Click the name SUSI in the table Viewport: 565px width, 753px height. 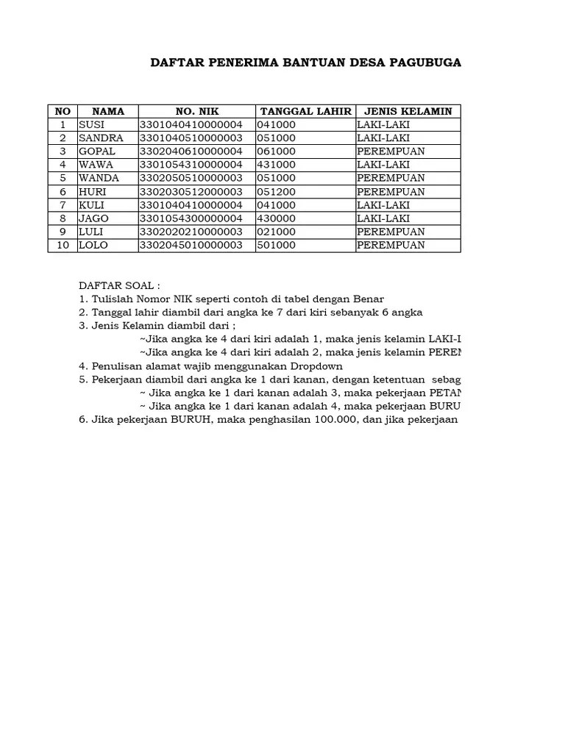pyautogui.click(x=92, y=125)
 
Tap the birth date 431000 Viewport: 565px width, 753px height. pyautogui.click(x=276, y=165)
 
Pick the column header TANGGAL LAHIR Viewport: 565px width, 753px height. pyautogui.click(x=305, y=111)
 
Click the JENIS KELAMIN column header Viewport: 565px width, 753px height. pyautogui.click(x=408, y=111)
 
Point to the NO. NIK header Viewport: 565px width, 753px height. pyautogui.click(x=196, y=111)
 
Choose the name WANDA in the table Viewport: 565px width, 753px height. pyautogui.click(x=96, y=178)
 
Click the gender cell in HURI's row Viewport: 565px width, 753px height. pyautogui.click(x=391, y=192)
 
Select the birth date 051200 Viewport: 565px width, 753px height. pyautogui.click(x=276, y=192)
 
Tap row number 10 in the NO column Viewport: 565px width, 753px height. pyautogui.click(x=63, y=245)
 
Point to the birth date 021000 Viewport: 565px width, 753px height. pyautogui.click(x=276, y=232)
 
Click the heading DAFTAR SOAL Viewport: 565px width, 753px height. pyautogui.click(x=119, y=285)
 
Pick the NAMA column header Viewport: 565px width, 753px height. pyautogui.click(x=108, y=111)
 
